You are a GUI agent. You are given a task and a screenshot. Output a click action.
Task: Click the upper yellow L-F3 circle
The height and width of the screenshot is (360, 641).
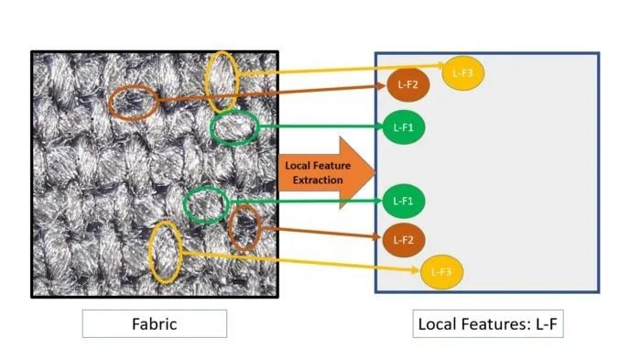(x=462, y=72)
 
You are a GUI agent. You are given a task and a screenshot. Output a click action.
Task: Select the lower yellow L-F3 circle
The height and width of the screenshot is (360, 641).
(x=441, y=272)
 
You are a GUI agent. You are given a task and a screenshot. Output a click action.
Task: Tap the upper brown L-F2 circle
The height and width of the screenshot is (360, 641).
(x=408, y=84)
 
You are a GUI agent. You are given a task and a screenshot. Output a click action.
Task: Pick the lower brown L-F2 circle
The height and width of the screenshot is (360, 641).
(x=404, y=240)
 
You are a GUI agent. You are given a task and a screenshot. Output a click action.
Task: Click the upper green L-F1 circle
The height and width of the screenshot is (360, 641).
(x=404, y=127)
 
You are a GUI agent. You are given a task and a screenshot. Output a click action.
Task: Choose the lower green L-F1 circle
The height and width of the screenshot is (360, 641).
(x=404, y=201)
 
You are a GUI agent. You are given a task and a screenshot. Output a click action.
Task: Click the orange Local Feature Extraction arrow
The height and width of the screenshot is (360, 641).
(x=327, y=172)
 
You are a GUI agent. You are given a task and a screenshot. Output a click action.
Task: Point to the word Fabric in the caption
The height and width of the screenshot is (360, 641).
(x=155, y=324)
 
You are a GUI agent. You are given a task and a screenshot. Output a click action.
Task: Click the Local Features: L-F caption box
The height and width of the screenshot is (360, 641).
(x=488, y=324)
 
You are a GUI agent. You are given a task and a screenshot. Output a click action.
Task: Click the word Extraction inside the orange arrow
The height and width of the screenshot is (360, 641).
(x=318, y=180)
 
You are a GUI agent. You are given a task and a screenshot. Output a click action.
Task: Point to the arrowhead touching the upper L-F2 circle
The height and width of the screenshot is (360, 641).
(x=383, y=85)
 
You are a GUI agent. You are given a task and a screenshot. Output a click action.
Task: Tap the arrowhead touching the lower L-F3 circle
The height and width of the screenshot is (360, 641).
(x=416, y=270)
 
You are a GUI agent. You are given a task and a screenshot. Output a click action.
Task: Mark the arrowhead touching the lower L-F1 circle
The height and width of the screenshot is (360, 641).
(x=378, y=201)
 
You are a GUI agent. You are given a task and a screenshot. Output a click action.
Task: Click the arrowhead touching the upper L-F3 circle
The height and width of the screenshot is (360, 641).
(x=440, y=65)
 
